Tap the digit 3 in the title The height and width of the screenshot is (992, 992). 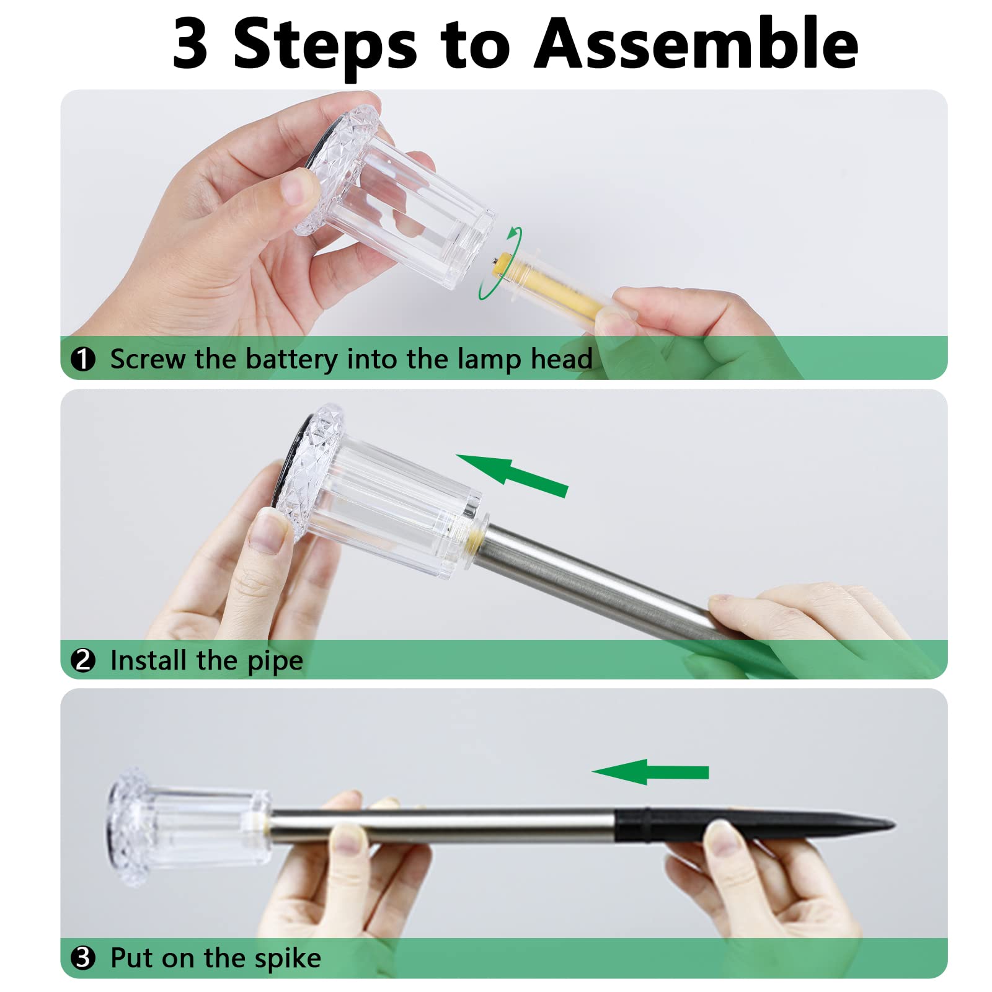point(190,43)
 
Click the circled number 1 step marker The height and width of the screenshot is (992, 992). point(82,359)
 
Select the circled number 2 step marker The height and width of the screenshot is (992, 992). point(83,660)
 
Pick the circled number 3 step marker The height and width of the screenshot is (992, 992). point(83,958)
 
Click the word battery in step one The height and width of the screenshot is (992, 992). point(291,360)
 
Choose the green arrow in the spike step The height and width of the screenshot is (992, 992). point(650,772)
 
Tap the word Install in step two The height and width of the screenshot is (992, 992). point(149,660)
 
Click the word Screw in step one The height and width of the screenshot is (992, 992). point(147,360)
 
